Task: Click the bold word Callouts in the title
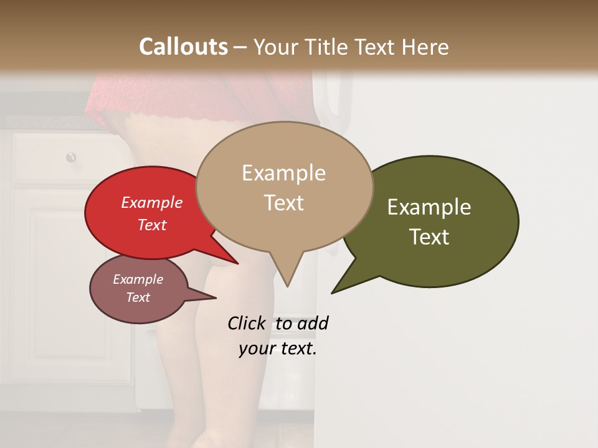(183, 47)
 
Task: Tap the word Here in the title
(425, 47)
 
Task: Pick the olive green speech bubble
(436, 221)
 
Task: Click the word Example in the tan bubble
(283, 173)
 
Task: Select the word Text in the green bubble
(429, 237)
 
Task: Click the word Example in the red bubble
(151, 202)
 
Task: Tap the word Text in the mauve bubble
(138, 297)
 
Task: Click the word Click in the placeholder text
(247, 324)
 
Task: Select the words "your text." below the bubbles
(277, 348)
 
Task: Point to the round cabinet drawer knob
(71, 157)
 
